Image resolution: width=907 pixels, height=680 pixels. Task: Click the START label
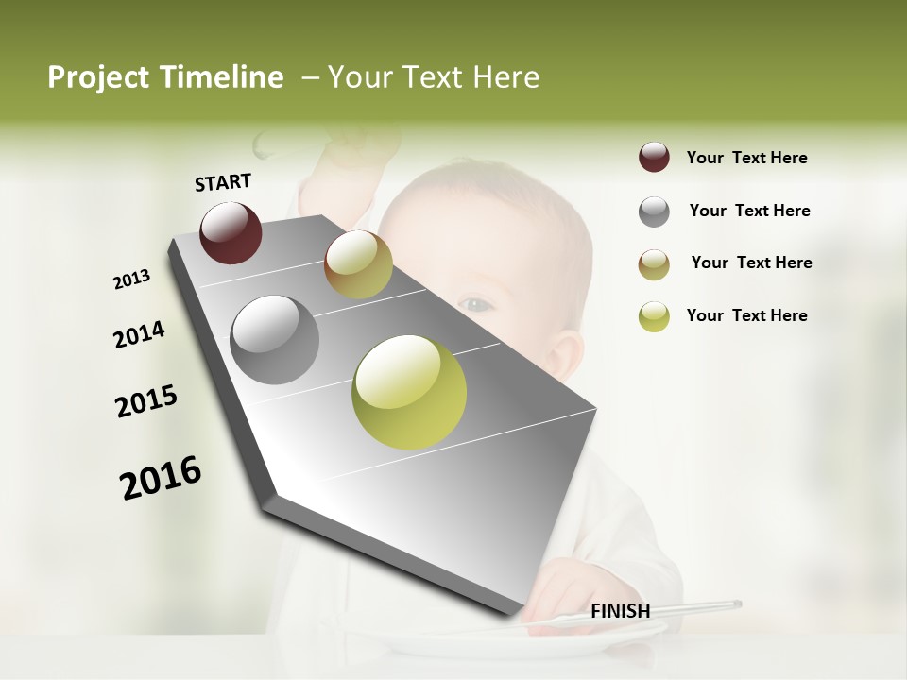[x=223, y=182]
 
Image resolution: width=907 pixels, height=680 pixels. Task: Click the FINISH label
[x=620, y=611]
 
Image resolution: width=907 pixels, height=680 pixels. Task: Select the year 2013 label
[x=131, y=280]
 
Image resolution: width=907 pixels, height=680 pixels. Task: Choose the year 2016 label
[x=161, y=477]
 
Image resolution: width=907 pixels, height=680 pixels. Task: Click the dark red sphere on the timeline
[x=231, y=232]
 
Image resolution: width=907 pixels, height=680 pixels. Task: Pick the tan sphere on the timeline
[x=358, y=264]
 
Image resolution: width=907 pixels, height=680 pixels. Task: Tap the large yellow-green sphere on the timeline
[x=409, y=392]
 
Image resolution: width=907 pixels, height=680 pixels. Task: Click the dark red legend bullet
[x=654, y=158]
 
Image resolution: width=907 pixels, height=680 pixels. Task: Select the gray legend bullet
[x=654, y=212]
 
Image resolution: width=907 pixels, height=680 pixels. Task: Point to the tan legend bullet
[x=654, y=264]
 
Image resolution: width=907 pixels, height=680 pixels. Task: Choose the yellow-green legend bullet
[x=654, y=316]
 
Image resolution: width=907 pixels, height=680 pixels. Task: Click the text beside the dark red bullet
[x=746, y=158]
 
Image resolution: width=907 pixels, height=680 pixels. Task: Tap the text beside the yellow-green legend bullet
[x=746, y=315]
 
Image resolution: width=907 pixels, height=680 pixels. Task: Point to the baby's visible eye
[x=478, y=304]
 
